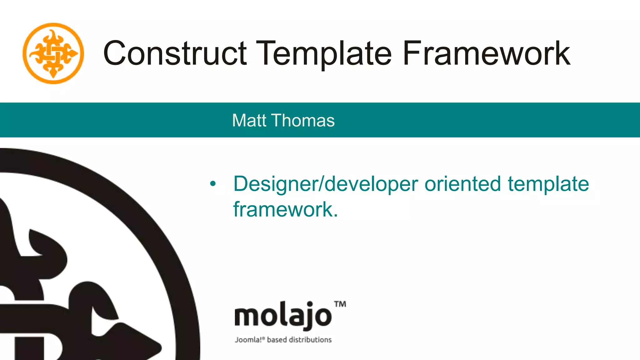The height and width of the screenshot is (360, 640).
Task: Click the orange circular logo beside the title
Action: pyautogui.click(x=53, y=53)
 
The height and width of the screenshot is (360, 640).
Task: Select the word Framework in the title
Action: pyautogui.click(x=486, y=54)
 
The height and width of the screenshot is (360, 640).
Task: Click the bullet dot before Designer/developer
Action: pyautogui.click(x=213, y=184)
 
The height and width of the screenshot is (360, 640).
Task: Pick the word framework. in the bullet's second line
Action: pyautogui.click(x=286, y=209)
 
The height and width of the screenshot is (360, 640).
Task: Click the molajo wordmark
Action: pyautogui.click(x=283, y=316)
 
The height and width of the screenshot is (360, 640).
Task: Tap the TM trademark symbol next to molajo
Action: pyautogui.click(x=340, y=304)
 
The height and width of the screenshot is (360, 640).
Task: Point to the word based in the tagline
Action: pyautogui.click(x=277, y=340)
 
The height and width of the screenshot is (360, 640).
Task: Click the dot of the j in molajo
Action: pyautogui.click(x=310, y=304)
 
